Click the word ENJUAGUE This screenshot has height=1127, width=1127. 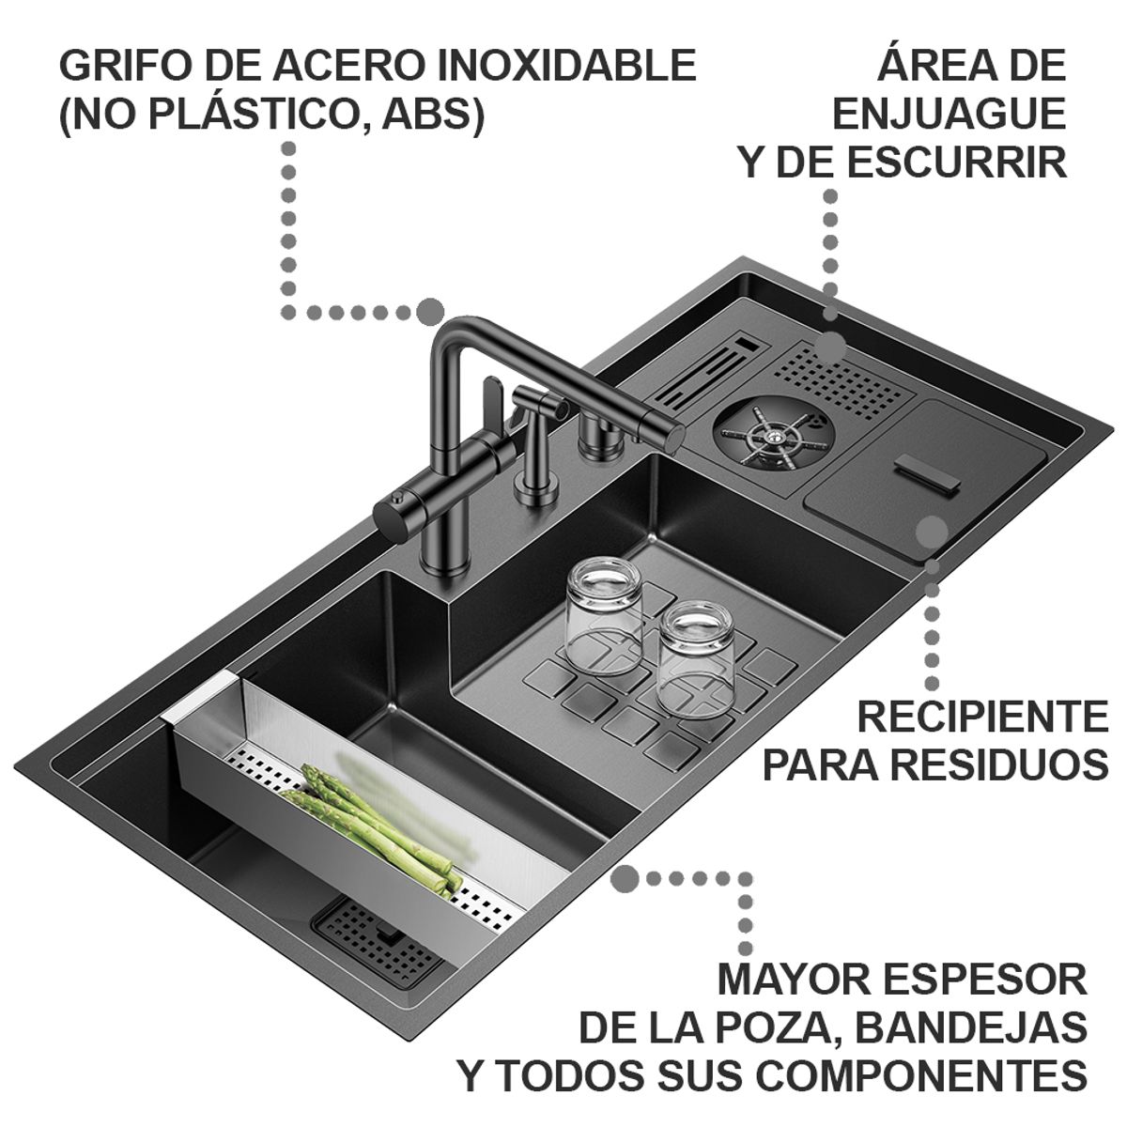[949, 114]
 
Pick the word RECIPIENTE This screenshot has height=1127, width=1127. [982, 718]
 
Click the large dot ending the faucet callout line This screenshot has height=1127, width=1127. [430, 312]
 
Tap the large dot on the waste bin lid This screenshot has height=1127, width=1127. [931, 532]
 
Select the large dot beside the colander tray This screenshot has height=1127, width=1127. [625, 880]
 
